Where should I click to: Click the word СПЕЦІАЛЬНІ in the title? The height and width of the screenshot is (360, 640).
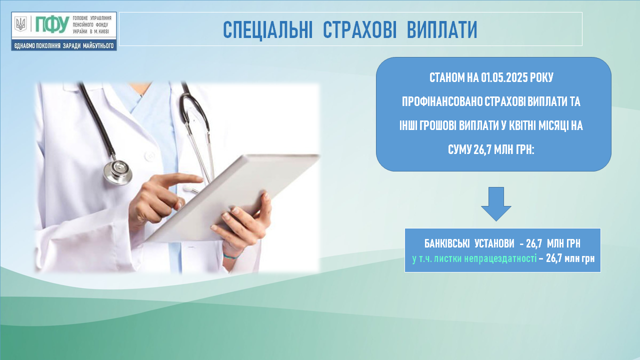(x=267, y=29)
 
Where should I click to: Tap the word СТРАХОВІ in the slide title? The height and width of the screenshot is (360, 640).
(x=359, y=29)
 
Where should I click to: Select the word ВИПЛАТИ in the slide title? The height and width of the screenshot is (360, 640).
(x=442, y=29)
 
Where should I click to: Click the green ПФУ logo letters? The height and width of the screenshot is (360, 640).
(x=52, y=24)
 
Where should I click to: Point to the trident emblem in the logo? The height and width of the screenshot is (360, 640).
(x=20, y=24)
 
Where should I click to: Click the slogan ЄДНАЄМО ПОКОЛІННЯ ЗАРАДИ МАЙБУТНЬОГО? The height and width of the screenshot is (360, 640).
(x=64, y=45)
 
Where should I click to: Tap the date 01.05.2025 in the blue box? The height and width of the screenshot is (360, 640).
(x=504, y=77)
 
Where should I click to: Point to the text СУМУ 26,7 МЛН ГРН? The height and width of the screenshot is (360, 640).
(x=491, y=149)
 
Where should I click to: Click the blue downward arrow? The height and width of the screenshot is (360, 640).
(x=496, y=204)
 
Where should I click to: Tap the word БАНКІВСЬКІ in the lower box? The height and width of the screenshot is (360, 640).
(x=447, y=243)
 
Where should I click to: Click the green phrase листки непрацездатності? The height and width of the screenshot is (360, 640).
(x=485, y=258)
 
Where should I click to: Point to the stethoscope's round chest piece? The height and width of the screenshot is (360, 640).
(x=117, y=172)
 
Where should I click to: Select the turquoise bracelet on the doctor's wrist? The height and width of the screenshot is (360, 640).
(x=232, y=255)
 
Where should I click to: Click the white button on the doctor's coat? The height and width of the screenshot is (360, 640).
(x=149, y=156)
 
